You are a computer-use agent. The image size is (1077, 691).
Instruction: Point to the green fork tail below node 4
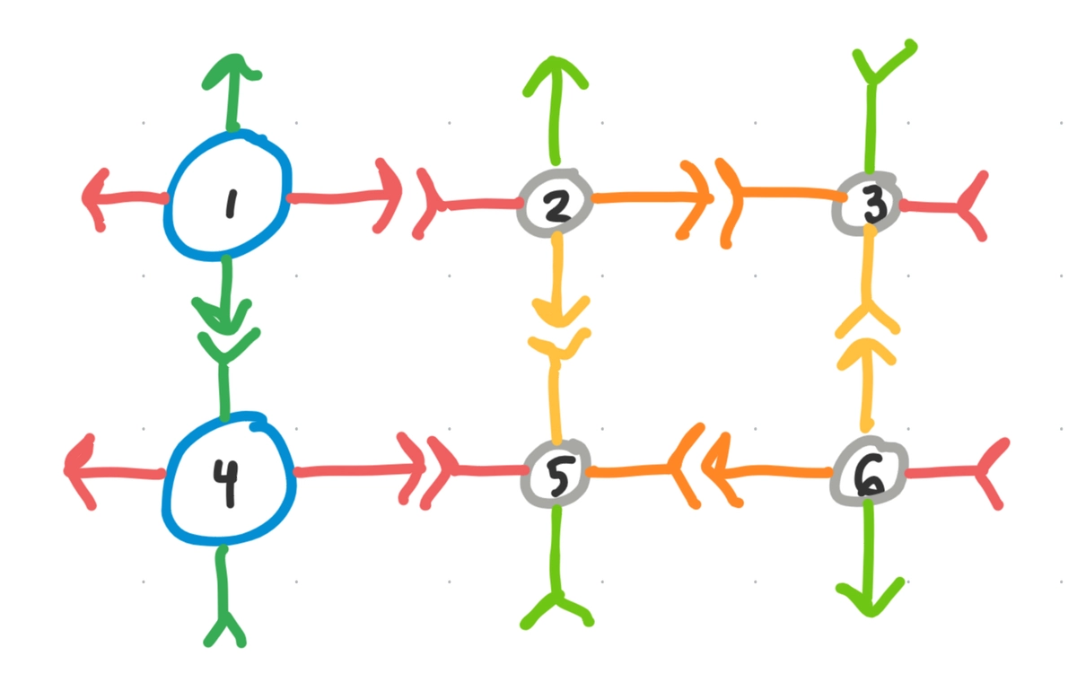tap(225, 625)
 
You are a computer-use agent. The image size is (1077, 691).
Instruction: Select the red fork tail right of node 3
tap(966, 207)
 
